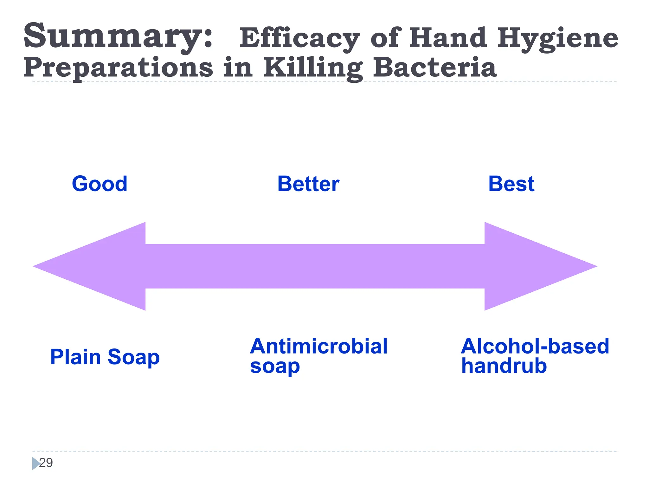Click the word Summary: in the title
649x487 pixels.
pyautogui.click(x=118, y=36)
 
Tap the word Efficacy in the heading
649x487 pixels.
pyautogui.click(x=299, y=38)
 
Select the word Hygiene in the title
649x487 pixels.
pyautogui.click(x=557, y=38)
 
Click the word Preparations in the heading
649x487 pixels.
pyautogui.click(x=118, y=68)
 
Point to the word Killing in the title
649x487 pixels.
pyautogui.click(x=313, y=68)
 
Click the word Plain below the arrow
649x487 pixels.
pyautogui.click(x=75, y=357)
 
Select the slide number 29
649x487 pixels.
pyautogui.click(x=46, y=463)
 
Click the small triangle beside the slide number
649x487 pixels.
pyautogui.click(x=35, y=463)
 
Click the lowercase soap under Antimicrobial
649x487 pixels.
pyautogui.click(x=275, y=367)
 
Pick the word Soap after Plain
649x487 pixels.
pyautogui.click(x=133, y=357)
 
